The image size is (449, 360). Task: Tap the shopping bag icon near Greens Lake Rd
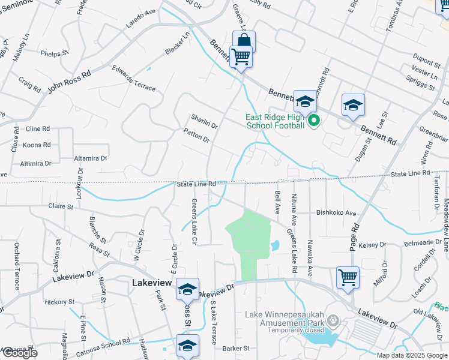coord(244,41)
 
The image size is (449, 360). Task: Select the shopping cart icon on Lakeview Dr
coord(348,278)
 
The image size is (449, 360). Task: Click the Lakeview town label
coord(152,283)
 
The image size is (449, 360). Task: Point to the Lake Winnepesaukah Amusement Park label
coord(285,319)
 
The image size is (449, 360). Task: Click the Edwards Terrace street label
coord(133,78)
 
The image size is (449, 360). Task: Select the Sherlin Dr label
coord(204,121)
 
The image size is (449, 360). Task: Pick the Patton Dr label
coord(196,135)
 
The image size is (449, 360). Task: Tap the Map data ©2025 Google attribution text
coord(412,355)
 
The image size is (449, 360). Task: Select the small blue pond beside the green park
coord(275,245)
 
